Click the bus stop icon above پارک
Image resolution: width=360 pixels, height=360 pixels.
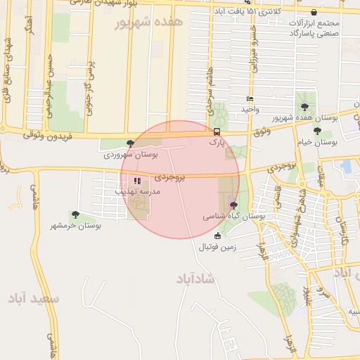217,131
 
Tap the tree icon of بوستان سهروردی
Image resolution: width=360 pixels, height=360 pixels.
130,143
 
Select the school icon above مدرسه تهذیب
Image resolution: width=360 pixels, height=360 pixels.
136,181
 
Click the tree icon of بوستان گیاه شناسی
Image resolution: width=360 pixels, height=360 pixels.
233,205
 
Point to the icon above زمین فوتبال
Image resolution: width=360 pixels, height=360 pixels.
217,236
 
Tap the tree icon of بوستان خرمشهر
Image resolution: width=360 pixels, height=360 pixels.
75,214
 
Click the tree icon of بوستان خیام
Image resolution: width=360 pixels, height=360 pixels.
318,131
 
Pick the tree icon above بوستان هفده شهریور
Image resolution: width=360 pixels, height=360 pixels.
304,107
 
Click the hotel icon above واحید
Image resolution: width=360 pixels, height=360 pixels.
250,99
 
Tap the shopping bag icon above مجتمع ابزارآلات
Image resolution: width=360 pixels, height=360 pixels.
313,13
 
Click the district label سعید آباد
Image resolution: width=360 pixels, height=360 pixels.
34,299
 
